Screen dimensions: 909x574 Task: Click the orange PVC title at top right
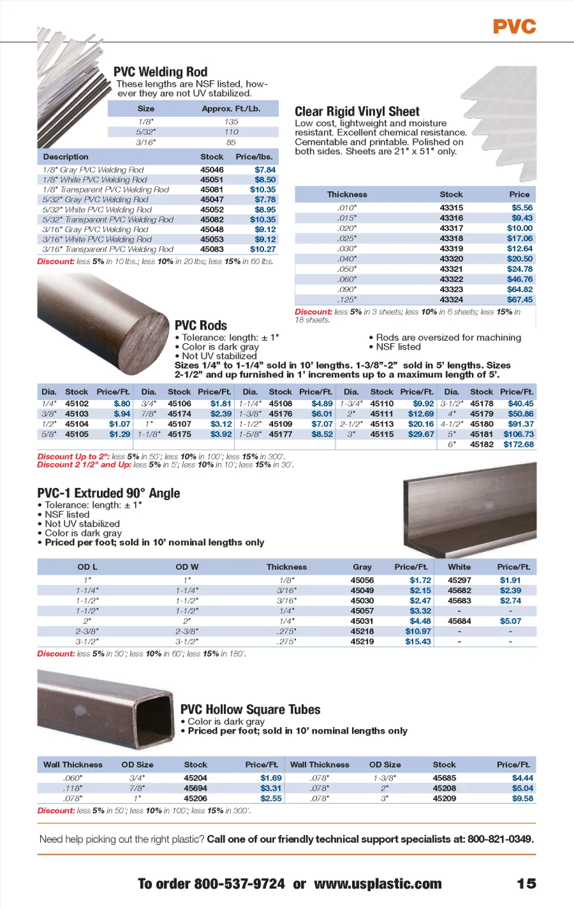pos(514,26)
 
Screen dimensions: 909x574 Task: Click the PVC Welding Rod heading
pos(160,72)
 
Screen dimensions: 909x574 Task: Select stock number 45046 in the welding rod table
pos(212,169)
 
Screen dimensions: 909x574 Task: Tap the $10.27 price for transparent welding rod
pos(262,249)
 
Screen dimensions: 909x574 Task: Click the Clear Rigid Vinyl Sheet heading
pos(357,112)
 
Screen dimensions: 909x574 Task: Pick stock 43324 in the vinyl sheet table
pos(451,299)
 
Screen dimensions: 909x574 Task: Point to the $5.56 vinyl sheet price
pos(522,207)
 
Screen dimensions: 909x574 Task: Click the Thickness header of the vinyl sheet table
pos(347,195)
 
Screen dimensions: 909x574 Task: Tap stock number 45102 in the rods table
pos(77,403)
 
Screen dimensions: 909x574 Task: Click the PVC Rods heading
pos(201,325)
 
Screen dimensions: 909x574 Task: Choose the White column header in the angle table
pos(459,567)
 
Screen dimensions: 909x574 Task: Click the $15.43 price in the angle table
pos(418,641)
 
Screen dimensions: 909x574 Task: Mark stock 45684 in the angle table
pos(459,621)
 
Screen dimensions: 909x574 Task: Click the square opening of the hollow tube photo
pos(155,716)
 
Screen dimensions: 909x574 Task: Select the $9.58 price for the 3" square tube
pos(522,798)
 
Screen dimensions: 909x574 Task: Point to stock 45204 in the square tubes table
pos(195,778)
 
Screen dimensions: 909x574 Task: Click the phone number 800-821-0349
pos(500,839)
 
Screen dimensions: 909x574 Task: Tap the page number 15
pos(526,884)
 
